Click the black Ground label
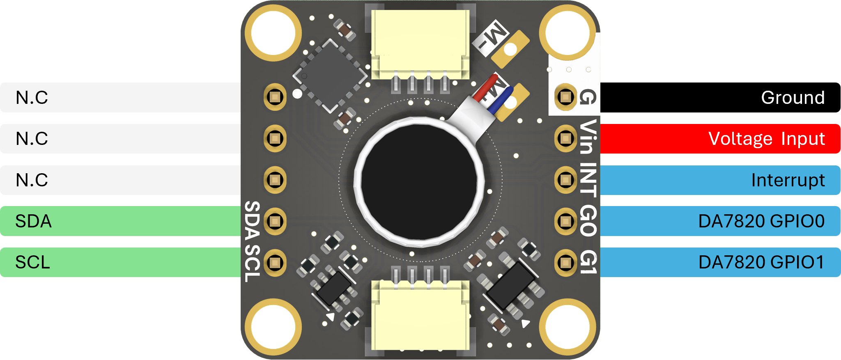720,97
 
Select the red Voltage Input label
720,139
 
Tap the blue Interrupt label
720,180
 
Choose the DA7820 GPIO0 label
720,221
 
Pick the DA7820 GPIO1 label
720,262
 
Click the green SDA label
120,221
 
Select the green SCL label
120,262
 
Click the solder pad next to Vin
565,138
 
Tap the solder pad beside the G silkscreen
565,97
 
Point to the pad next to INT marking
565,180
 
